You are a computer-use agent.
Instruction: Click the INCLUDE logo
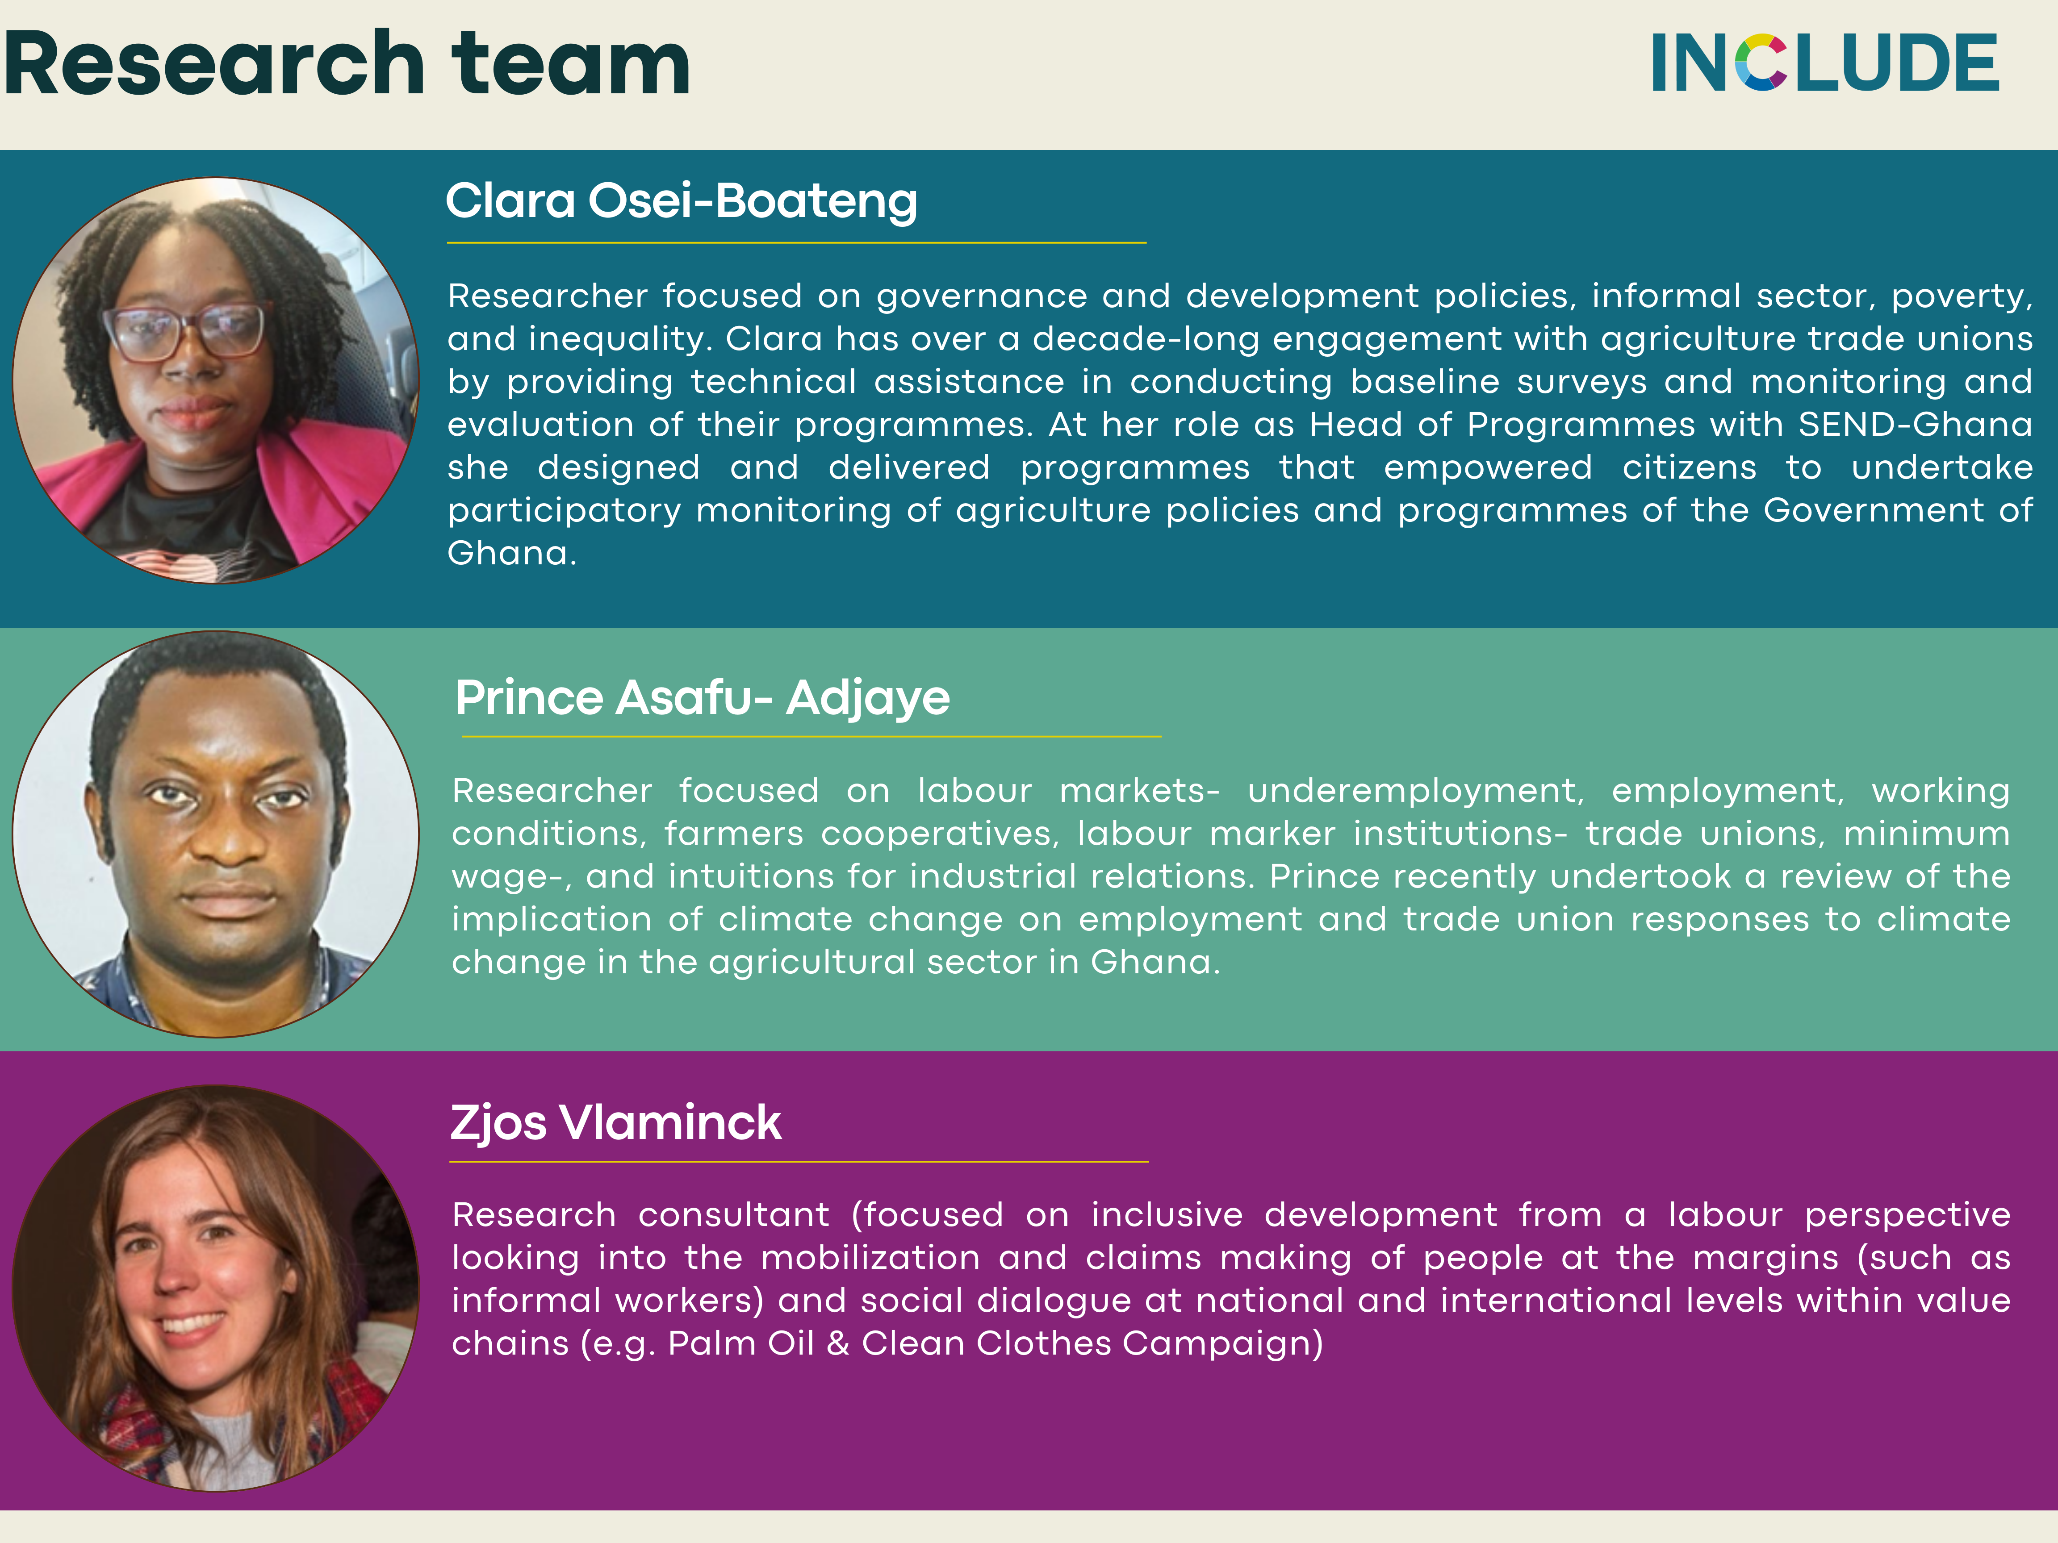coord(1824,63)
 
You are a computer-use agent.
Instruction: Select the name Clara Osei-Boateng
coord(681,201)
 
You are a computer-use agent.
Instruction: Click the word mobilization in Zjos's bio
coord(871,1257)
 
